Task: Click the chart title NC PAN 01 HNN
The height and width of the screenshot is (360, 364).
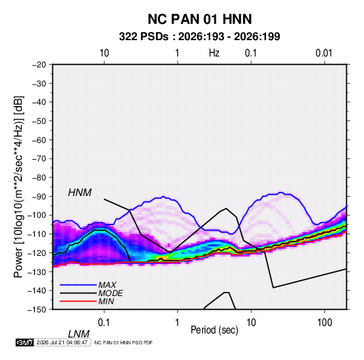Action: click(199, 19)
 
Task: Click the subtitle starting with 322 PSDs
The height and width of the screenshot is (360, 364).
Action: click(199, 37)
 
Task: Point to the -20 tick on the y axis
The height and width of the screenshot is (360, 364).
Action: click(39, 65)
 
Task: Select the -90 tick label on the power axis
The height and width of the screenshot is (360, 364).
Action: click(39, 197)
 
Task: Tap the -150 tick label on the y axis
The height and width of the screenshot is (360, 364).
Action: click(37, 310)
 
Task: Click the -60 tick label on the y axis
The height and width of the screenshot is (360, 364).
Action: click(39, 140)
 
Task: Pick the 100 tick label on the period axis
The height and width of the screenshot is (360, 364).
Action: click(325, 323)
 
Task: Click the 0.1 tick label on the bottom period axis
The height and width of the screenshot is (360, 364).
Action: click(104, 323)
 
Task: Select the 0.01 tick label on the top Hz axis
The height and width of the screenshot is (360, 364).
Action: click(324, 53)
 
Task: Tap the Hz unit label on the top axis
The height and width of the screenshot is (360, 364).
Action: click(214, 53)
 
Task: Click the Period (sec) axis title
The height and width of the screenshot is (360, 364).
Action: click(214, 330)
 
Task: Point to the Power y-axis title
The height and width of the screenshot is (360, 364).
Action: click(18, 186)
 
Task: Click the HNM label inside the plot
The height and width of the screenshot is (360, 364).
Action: click(80, 193)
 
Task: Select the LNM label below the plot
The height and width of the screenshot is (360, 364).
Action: click(78, 334)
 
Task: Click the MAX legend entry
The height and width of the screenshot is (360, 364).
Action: click(107, 285)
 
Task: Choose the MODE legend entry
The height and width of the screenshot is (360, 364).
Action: click(110, 293)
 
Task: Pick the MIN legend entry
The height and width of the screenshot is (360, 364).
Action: click(106, 301)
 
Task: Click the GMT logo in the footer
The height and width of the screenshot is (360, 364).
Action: click(24, 342)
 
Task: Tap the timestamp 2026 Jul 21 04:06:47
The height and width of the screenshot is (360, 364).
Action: click(62, 342)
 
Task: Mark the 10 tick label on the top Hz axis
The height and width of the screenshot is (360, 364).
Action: click(104, 53)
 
